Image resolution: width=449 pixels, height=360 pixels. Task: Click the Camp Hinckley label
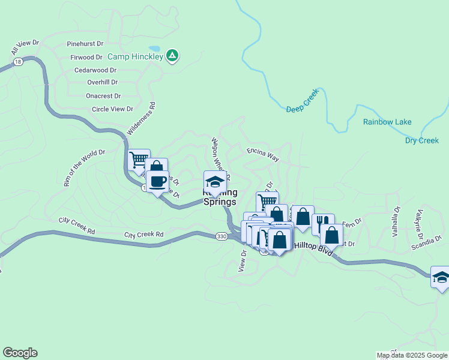coord(136,56)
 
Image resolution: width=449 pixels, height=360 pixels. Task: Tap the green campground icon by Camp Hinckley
coord(172,56)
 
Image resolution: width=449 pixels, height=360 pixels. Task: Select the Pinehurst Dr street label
coord(85,44)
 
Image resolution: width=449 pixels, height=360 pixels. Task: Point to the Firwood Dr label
coord(86,57)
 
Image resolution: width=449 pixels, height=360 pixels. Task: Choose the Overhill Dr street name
coord(102,82)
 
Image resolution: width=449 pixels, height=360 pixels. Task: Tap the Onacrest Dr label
coord(103,96)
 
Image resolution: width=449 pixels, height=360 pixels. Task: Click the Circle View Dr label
coord(112,109)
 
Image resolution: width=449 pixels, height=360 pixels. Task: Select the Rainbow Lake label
coord(387,122)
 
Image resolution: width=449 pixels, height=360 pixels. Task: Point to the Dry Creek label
coord(422,140)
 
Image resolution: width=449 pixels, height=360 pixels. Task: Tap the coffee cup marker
coord(158,182)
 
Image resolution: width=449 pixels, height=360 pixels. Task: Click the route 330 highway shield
coord(221,237)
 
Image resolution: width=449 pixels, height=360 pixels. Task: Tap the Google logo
coord(20,353)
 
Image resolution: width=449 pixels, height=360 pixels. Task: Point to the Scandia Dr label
coord(427,247)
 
